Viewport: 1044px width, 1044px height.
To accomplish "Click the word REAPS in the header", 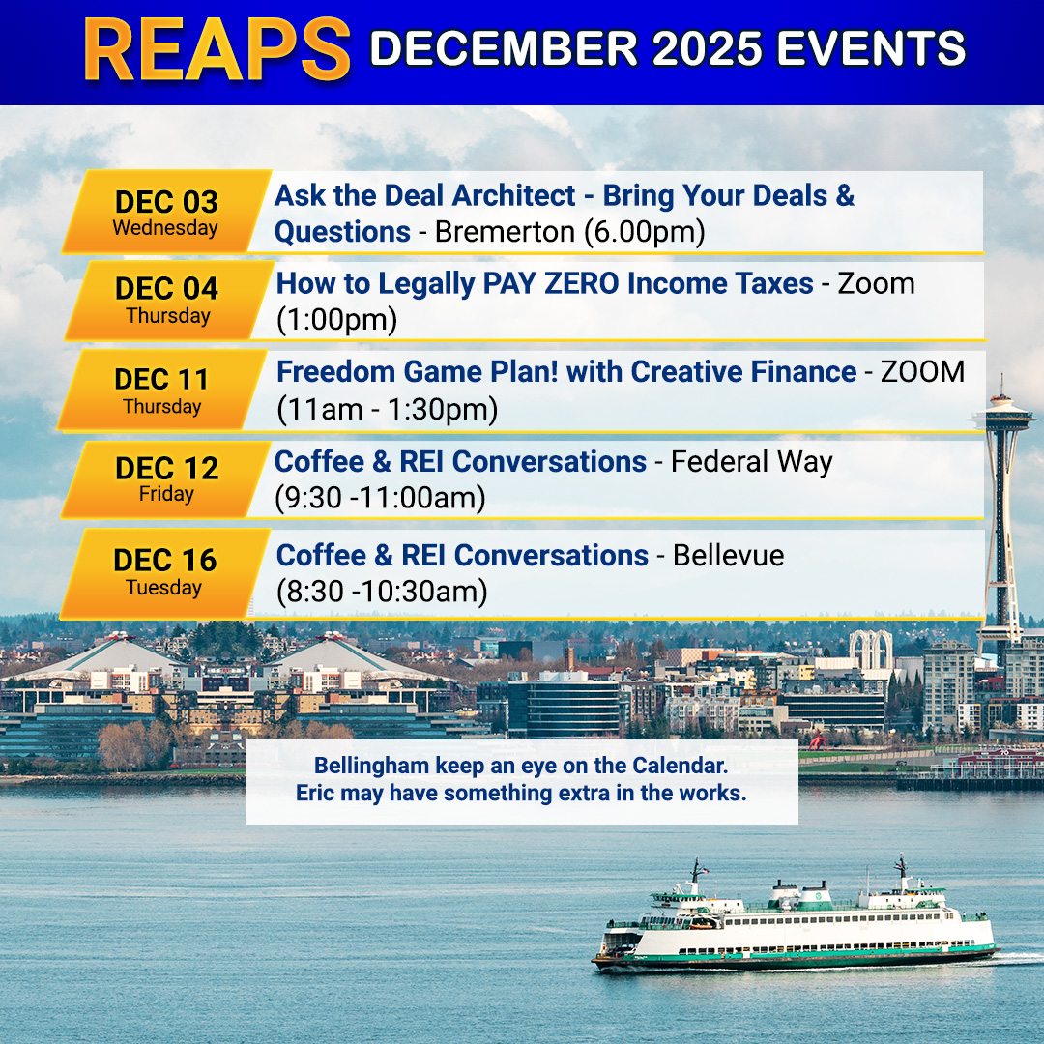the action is point(217,50).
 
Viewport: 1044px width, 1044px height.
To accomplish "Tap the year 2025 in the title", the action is point(707,48).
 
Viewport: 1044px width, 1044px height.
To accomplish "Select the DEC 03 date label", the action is point(166,201).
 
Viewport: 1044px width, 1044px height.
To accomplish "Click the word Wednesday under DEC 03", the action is point(165,228).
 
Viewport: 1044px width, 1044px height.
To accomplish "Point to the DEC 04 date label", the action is point(166,288).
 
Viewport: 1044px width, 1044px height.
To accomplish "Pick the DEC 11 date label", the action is point(161,380).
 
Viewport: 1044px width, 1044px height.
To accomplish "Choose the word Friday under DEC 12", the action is point(166,494).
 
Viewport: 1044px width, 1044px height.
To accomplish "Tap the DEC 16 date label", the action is point(165,560).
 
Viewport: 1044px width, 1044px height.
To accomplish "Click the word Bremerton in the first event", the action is point(505,232).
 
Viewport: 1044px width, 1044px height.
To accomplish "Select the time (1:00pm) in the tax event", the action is point(337,320).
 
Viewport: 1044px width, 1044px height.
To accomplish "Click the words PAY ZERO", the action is point(551,283).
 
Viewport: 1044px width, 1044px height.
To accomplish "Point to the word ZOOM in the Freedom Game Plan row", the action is point(923,371).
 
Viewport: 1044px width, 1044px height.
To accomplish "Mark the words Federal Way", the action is point(752,462).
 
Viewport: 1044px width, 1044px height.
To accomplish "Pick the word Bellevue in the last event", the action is point(729,555).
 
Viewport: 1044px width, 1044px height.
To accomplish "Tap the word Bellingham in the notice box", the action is point(371,767).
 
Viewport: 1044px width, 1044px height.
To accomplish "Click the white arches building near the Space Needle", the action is point(870,650).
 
